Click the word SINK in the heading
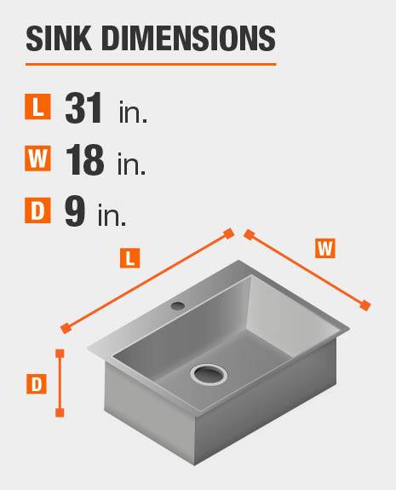[x=59, y=38]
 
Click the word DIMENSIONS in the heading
[x=188, y=38]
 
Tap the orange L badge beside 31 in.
[x=37, y=107]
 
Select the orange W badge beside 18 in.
[x=37, y=159]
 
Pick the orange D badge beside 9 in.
[x=37, y=210]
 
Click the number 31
[x=83, y=108]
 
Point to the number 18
[x=84, y=159]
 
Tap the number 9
[x=75, y=211]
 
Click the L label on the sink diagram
[x=130, y=258]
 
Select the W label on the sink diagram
[x=325, y=249]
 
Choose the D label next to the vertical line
[x=37, y=383]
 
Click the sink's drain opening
[x=209, y=374]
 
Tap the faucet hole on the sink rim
[x=178, y=305]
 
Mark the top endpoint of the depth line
[x=60, y=354]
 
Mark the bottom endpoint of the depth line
[x=60, y=412]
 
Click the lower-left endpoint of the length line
[x=66, y=328]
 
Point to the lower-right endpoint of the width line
[x=364, y=305]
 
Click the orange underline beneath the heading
[x=151, y=65]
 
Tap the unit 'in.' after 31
[x=133, y=112]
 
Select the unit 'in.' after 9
[x=112, y=215]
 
